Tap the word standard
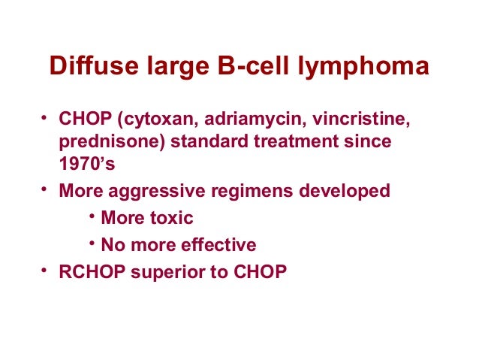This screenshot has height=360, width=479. click(195, 141)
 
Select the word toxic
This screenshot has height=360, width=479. click(170, 218)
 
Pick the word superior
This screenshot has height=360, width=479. click(161, 271)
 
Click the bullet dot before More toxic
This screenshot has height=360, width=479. click(91, 216)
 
